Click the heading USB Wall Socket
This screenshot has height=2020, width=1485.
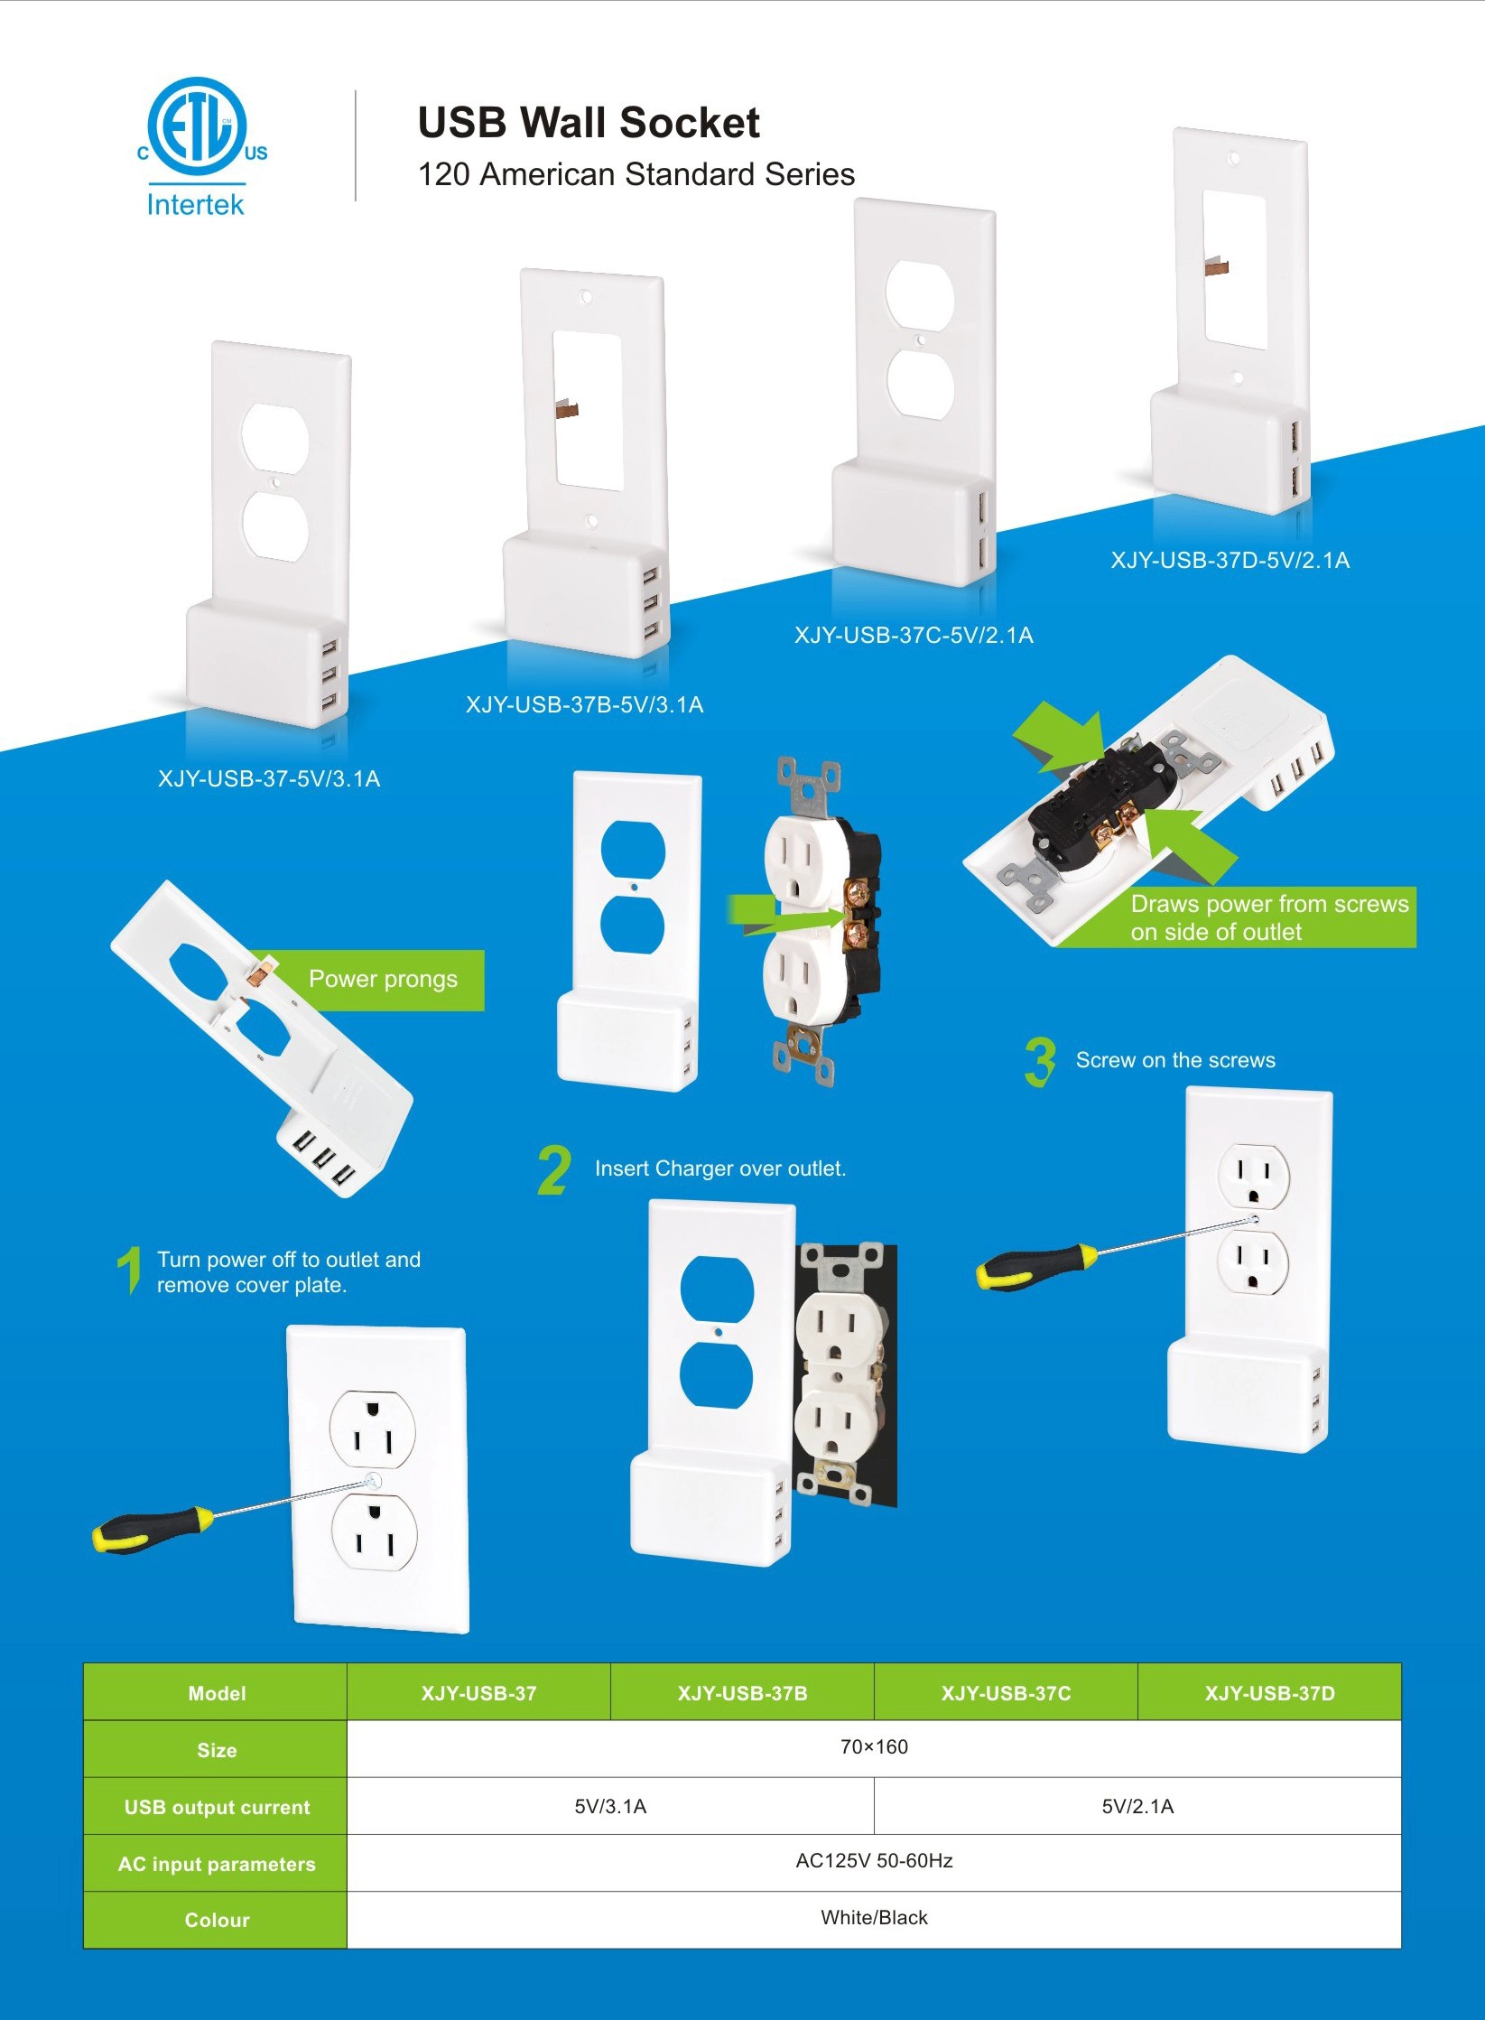click(589, 123)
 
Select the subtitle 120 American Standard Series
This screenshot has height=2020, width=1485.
click(636, 174)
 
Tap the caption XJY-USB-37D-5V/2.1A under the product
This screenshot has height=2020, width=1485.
click(1230, 560)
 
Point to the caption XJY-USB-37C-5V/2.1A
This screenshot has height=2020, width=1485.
click(914, 635)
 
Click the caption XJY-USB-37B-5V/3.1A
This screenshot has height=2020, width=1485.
click(584, 704)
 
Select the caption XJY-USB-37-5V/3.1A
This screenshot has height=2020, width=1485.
click(269, 778)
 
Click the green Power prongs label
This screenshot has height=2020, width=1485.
click(383, 979)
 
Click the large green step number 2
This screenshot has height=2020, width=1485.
click(554, 1169)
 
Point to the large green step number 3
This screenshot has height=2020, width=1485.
click(1040, 1062)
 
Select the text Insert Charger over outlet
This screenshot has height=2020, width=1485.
click(720, 1168)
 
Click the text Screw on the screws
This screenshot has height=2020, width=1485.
click(1175, 1060)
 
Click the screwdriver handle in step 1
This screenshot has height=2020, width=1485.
click(152, 1528)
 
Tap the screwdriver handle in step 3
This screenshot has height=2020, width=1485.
click(1036, 1265)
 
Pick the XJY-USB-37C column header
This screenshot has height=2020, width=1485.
click(1006, 1693)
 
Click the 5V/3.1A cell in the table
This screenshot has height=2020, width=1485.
click(610, 1806)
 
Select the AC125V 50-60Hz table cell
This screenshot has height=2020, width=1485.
click(874, 1860)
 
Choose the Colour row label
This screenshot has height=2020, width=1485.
click(217, 1920)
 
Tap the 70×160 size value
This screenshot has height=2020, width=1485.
click(874, 1746)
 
